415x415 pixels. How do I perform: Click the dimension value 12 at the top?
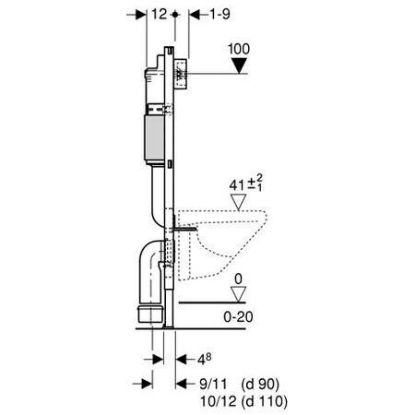click(160, 15)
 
